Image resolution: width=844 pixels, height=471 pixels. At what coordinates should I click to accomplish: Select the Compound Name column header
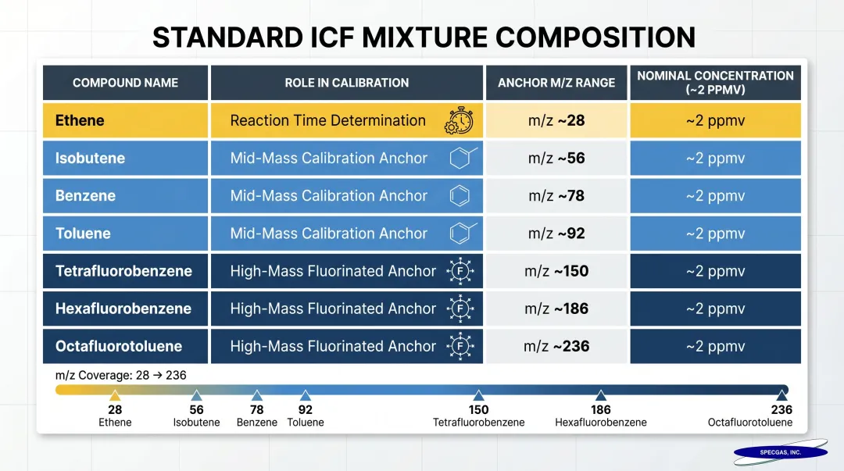pos(125,83)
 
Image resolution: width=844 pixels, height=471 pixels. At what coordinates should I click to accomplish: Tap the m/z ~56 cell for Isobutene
pos(556,159)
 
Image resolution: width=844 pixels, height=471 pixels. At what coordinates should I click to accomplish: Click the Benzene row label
pos(85,196)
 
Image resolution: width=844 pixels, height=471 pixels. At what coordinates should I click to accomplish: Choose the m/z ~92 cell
pos(556,234)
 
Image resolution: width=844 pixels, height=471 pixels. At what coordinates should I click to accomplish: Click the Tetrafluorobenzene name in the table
pos(123,271)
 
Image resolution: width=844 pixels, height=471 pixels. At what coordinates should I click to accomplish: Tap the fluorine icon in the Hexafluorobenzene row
pos(460,309)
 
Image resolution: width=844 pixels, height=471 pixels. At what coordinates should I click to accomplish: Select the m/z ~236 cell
pos(556,346)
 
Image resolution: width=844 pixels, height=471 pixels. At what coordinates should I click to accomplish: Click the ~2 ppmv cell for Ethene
pos(715,121)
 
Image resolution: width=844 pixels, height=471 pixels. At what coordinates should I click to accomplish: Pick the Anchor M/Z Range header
pos(556,83)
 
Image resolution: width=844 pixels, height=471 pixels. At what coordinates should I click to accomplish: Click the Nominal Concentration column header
pos(715,82)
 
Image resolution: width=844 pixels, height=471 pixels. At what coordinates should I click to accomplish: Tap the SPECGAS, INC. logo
pos(780,452)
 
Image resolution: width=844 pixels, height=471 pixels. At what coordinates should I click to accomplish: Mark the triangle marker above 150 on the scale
pos(478,396)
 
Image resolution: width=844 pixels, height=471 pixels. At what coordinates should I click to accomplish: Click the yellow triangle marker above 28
pos(115,396)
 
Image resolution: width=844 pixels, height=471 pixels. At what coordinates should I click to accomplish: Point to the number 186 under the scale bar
pos(600,410)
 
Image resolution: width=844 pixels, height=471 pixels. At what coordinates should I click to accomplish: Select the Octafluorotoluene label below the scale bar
pos(749,423)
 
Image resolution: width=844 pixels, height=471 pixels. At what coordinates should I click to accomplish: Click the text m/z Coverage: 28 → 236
pos(121,376)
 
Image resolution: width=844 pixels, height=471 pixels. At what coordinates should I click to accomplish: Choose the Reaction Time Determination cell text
pos(327,121)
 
